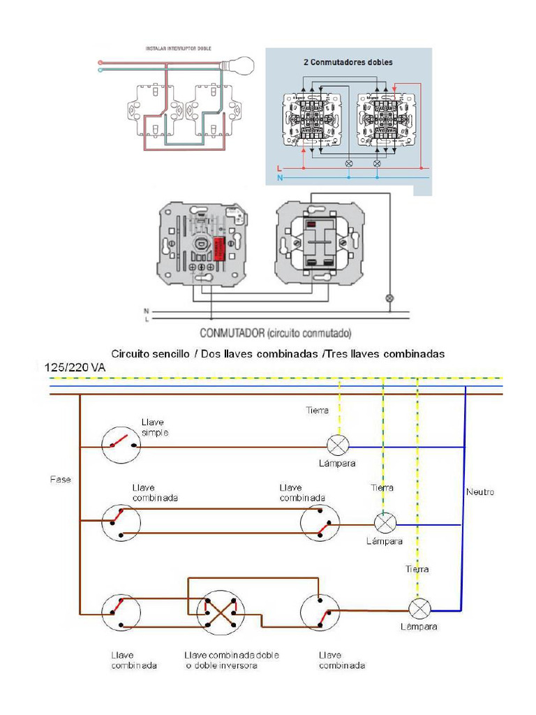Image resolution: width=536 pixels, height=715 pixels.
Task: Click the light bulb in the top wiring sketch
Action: [x=240, y=66]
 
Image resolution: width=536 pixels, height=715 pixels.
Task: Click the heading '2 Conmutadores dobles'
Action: [x=348, y=62]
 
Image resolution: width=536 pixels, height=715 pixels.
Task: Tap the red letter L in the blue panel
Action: [x=278, y=168]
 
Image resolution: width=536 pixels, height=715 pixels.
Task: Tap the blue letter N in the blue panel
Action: [x=278, y=178]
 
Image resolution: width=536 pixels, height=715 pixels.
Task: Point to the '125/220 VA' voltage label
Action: [x=75, y=367]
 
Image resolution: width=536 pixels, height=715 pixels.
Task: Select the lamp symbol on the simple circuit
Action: [x=338, y=444]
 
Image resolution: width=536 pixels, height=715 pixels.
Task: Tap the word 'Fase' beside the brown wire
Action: [x=60, y=480]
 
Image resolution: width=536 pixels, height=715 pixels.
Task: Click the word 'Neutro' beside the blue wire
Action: [x=479, y=492]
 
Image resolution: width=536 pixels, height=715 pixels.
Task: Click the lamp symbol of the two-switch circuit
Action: [x=385, y=522]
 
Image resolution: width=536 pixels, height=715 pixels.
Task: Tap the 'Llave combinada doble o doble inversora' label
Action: [x=231, y=660]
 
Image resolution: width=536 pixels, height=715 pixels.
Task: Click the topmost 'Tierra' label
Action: [x=317, y=411]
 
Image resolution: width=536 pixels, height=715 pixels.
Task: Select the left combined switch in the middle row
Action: [x=121, y=523]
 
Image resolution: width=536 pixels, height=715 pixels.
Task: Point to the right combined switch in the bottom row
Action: [x=320, y=612]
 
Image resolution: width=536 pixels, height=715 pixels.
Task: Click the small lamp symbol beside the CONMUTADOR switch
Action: [x=390, y=299]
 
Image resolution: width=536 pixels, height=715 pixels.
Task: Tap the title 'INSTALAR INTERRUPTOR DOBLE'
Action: [x=178, y=49]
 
